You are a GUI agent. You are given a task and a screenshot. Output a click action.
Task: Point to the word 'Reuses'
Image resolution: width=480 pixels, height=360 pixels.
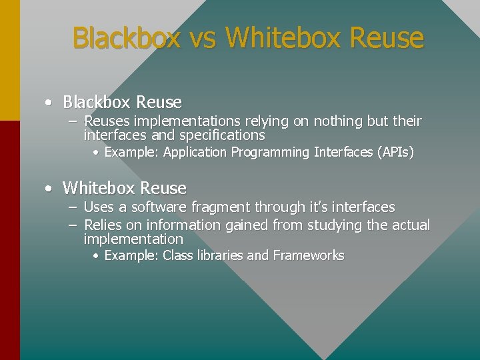click(x=107, y=121)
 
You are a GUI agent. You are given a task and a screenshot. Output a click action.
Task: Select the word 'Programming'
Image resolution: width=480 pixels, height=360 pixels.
click(x=270, y=153)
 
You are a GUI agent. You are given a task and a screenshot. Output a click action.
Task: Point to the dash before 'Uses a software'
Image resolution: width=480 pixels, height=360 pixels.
click(x=73, y=207)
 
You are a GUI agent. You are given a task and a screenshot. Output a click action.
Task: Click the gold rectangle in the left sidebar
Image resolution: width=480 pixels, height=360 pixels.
click(x=9, y=60)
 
